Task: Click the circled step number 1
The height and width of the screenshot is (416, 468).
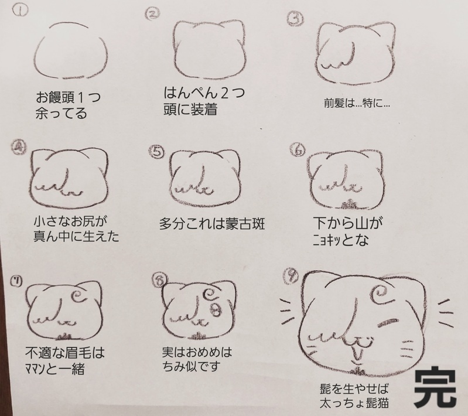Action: point(21,11)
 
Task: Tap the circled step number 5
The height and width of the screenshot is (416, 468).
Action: point(157,151)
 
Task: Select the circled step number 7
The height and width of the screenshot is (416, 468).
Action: point(16,282)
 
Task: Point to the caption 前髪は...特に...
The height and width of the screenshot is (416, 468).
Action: point(357,103)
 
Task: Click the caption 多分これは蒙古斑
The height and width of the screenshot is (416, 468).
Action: point(212,224)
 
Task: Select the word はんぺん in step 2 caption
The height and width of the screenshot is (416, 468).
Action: point(190,93)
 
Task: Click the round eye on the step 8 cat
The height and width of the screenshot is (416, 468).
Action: point(216,310)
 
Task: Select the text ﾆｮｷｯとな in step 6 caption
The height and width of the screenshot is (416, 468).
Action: point(341,240)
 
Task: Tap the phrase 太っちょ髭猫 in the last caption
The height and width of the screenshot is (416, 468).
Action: point(354,404)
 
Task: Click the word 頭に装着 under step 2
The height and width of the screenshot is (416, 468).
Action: point(190,110)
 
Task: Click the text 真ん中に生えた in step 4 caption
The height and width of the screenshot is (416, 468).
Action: point(76,236)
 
